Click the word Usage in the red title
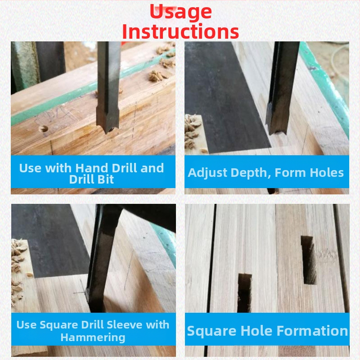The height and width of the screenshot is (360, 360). (x=180, y=13)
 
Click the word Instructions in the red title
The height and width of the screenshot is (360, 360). (x=180, y=31)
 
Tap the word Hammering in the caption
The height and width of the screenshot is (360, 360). (x=93, y=337)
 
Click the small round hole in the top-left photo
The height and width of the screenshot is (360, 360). (x=43, y=129)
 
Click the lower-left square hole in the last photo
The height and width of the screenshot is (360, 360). (x=244, y=293)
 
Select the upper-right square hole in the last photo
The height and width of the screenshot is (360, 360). (x=309, y=260)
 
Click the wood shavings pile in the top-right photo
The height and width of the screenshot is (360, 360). (x=193, y=133)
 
